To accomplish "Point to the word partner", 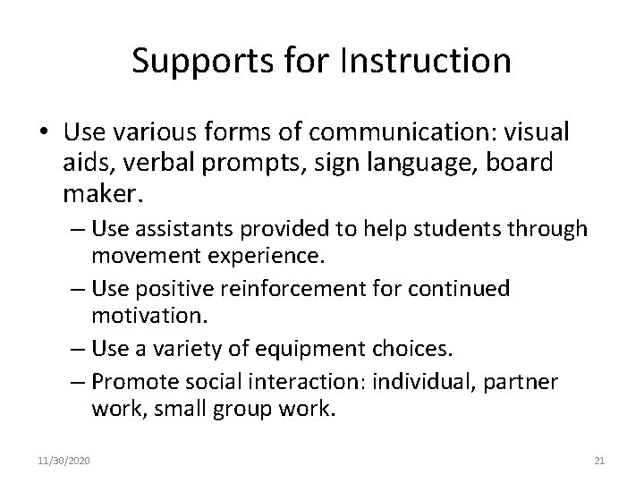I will pyautogui.click(x=522, y=383).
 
